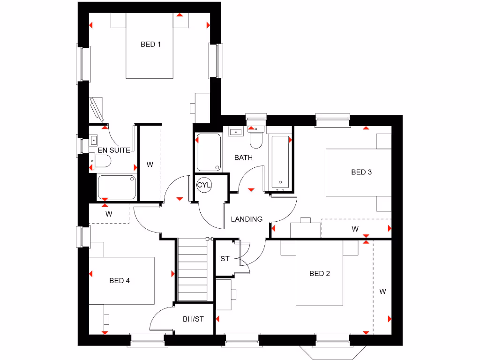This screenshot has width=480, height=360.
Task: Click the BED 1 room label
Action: click(150, 45)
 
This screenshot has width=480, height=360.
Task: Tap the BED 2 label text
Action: click(319, 274)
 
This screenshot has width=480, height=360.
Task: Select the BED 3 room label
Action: click(361, 172)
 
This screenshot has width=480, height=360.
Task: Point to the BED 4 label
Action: click(119, 281)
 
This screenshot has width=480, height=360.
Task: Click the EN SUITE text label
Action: click(114, 150)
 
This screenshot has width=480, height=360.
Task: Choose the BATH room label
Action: click(243, 157)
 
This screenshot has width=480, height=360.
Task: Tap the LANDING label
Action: click(247, 219)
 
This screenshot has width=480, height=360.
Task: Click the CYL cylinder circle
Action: click(204, 185)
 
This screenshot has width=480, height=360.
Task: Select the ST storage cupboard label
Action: click(225, 258)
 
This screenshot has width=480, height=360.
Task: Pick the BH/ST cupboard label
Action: click(193, 319)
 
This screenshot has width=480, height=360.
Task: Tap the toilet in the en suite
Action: click(102, 162)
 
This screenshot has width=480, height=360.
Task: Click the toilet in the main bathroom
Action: click(256, 138)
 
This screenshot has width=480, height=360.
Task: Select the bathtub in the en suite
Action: click(117, 187)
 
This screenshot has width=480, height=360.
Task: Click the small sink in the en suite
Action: click(94, 139)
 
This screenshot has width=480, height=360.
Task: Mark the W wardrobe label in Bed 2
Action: click(382, 292)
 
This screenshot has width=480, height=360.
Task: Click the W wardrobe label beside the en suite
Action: click(150, 165)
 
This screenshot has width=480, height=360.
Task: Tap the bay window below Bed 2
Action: click(333, 349)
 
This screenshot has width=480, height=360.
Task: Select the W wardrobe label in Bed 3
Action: click(355, 229)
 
